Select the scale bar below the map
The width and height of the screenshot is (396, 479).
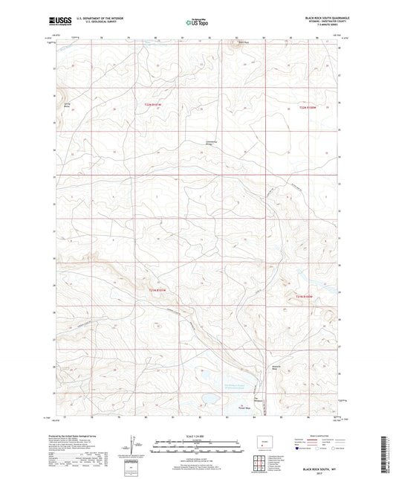pos(198,448)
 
